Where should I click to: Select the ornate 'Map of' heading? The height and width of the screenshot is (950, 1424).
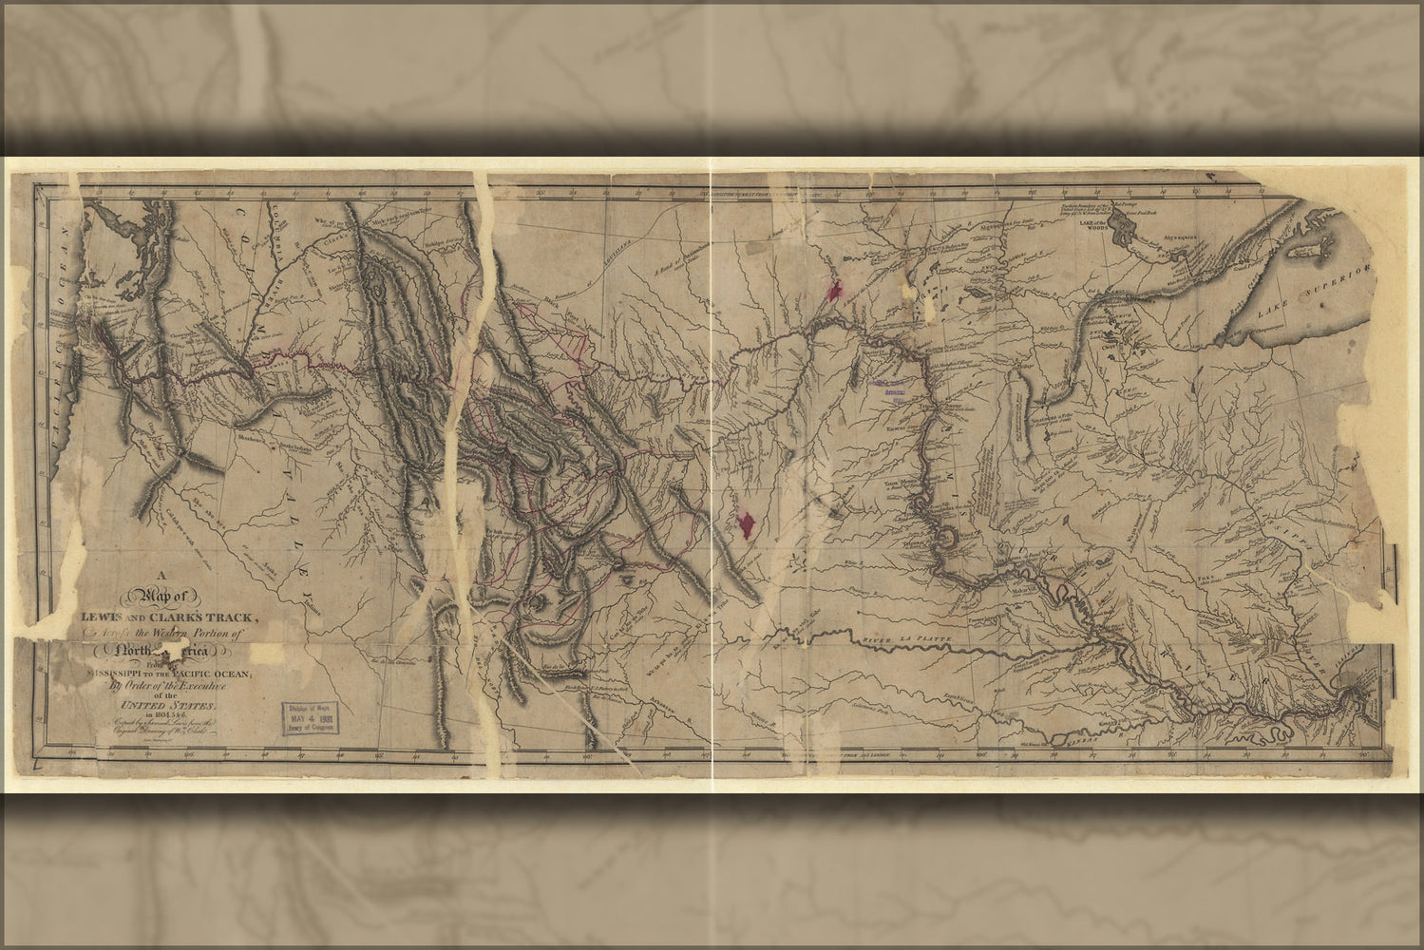click(166, 596)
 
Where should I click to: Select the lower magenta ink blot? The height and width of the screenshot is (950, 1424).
click(748, 523)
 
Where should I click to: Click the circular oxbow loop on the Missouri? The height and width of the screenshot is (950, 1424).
click(948, 540)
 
